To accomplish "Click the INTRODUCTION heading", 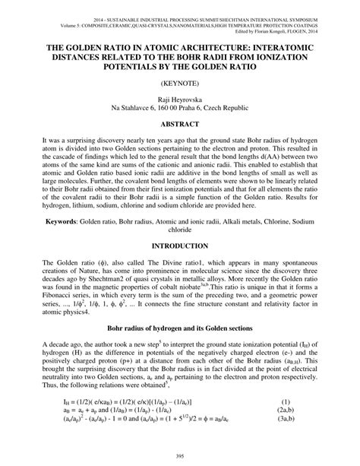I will (179, 247).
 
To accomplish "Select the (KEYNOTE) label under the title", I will (179, 79).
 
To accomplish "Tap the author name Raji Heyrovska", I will (179, 98).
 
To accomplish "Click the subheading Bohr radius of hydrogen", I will (179, 332).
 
